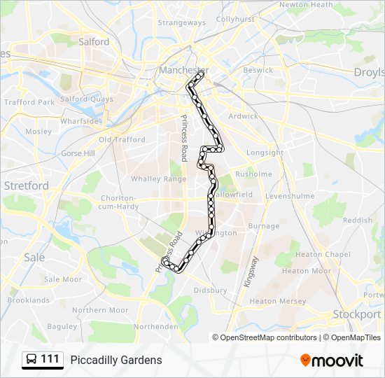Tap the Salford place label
(x=94, y=42)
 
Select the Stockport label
(x=357, y=314)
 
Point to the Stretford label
(x=27, y=186)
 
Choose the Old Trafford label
(x=122, y=140)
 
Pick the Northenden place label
(x=155, y=327)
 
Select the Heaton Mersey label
(x=278, y=302)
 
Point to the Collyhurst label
(x=235, y=20)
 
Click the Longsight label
(x=265, y=153)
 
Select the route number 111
(x=50, y=360)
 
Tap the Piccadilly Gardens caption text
(x=116, y=360)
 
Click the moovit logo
(x=332, y=360)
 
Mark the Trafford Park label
(x=29, y=102)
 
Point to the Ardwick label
(x=243, y=117)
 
